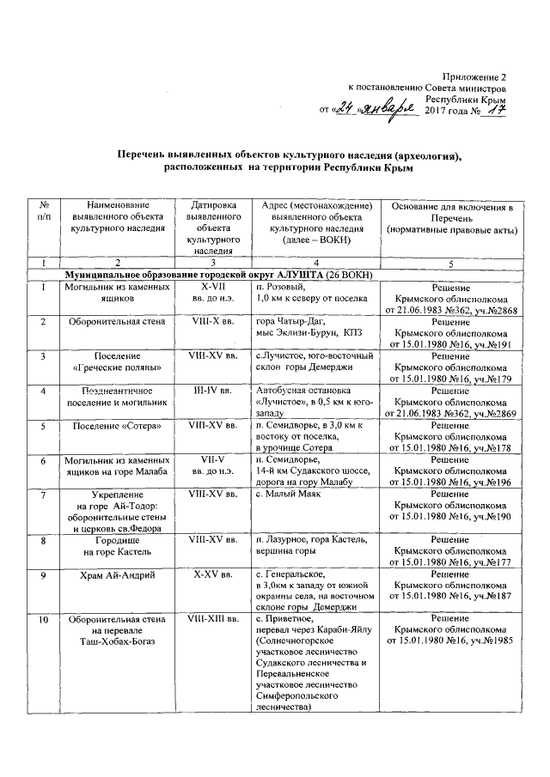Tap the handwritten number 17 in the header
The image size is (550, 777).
pos(496,111)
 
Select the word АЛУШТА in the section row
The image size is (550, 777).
pos(296,274)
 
